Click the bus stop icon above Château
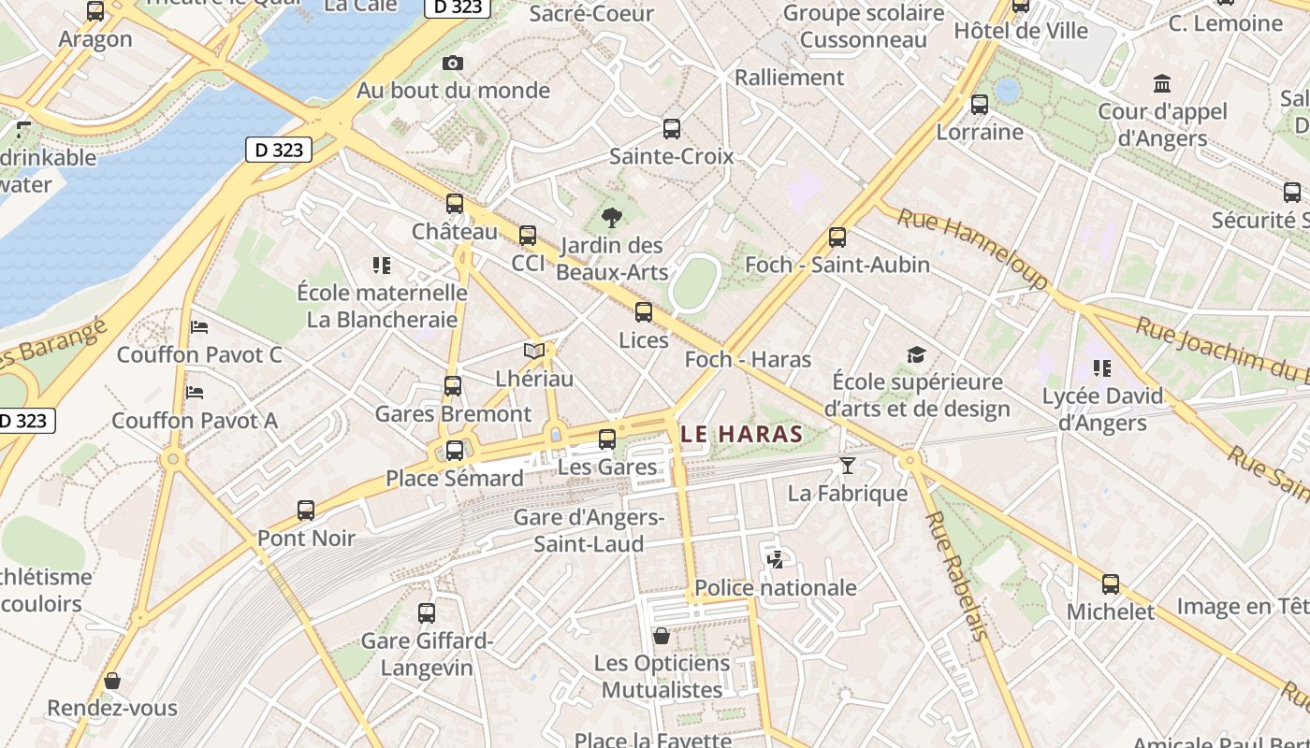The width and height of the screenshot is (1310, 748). [455, 203]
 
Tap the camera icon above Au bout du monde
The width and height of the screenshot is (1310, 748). [453, 64]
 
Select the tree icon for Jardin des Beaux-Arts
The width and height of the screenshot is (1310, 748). [612, 219]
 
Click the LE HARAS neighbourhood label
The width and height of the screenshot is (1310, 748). [742, 434]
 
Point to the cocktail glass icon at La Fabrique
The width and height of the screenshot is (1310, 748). [848, 466]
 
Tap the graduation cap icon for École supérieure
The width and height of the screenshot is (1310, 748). [916, 355]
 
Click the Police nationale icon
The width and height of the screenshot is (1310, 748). [775, 560]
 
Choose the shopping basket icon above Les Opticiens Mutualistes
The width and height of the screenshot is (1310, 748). [662, 636]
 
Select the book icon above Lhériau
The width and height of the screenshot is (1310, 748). [534, 352]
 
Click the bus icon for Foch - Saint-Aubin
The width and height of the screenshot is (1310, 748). [837, 237]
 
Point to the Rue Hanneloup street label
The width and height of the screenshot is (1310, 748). [973, 249]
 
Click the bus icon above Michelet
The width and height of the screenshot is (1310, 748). [1111, 584]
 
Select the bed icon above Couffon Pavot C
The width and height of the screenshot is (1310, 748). [199, 327]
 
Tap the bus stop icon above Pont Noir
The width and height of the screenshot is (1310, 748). [306, 511]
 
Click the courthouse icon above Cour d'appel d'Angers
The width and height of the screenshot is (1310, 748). [1162, 84]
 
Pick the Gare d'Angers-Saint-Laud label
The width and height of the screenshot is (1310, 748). [589, 530]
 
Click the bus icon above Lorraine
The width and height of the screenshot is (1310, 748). [980, 105]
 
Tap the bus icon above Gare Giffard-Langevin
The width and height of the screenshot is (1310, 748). [427, 613]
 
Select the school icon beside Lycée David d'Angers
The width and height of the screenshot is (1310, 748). [1102, 368]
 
